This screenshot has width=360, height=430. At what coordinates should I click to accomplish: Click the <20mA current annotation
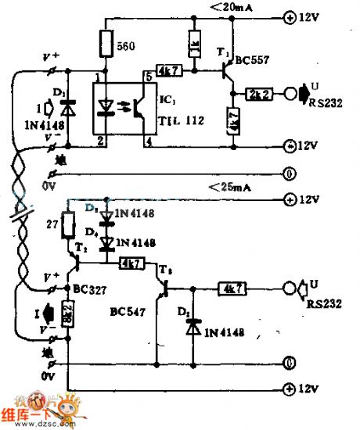tap(235, 7)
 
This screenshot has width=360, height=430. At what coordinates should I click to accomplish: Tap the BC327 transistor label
tap(89, 288)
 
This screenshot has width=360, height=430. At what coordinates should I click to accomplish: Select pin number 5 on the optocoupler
tap(148, 77)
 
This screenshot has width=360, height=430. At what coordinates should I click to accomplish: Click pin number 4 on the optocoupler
tap(148, 141)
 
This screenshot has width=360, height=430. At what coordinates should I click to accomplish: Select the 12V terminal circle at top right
tap(291, 16)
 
